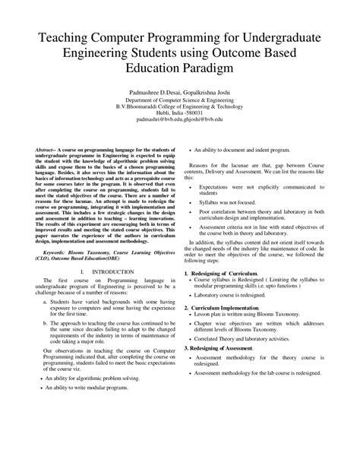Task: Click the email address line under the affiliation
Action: click(179, 119)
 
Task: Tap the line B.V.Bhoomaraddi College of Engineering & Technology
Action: click(179, 106)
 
